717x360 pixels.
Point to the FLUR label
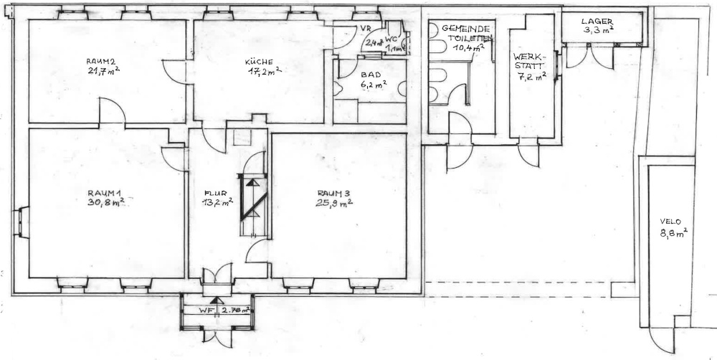(x=215, y=193)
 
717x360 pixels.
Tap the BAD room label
(x=371, y=75)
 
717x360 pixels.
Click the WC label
(x=391, y=40)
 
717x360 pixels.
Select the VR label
(x=364, y=28)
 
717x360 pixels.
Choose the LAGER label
(x=597, y=22)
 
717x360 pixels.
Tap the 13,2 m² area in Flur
(x=217, y=203)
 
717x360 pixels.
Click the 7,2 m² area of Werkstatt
(x=531, y=77)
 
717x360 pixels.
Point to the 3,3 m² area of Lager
(x=597, y=32)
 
